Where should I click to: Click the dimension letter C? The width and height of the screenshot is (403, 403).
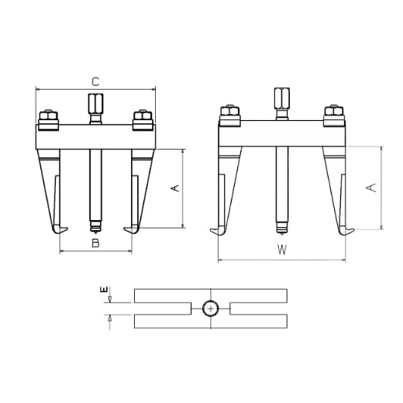[x=95, y=82]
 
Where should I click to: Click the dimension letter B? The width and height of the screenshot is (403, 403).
[x=95, y=243]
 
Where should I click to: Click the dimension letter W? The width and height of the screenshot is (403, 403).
[x=282, y=250]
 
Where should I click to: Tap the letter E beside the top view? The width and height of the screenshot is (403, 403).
[x=104, y=289]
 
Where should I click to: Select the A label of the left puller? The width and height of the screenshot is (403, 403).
[x=175, y=188]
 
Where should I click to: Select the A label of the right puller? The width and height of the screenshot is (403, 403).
[x=371, y=188]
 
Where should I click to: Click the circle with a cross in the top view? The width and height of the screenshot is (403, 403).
[x=211, y=308]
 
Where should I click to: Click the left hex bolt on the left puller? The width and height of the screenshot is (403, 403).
[x=48, y=120]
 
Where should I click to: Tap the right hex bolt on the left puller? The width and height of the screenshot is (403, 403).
[x=143, y=120]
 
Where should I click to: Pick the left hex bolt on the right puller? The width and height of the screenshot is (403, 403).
[x=229, y=115]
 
